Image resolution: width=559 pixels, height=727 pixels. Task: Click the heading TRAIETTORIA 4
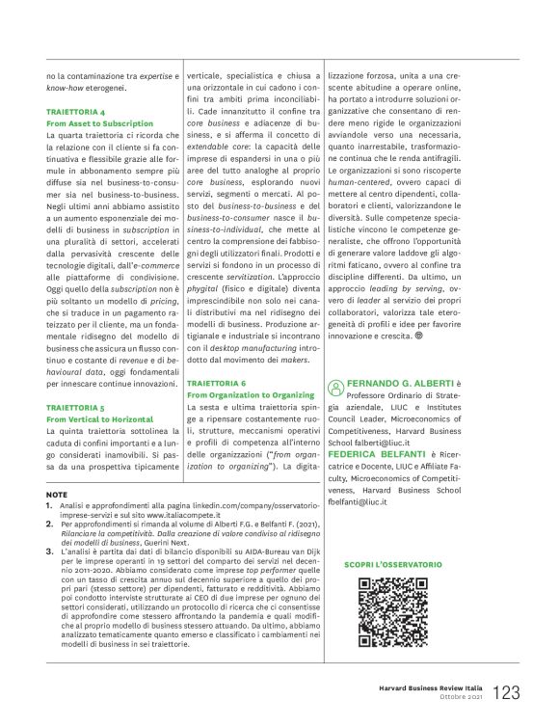76,112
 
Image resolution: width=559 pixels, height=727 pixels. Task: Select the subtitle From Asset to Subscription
99,124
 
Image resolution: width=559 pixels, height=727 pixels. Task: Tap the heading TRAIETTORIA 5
76,407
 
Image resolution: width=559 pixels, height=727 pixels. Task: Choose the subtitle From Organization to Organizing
249,394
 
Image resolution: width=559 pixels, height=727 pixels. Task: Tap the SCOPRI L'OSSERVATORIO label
392,563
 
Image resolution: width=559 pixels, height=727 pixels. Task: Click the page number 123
506,691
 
